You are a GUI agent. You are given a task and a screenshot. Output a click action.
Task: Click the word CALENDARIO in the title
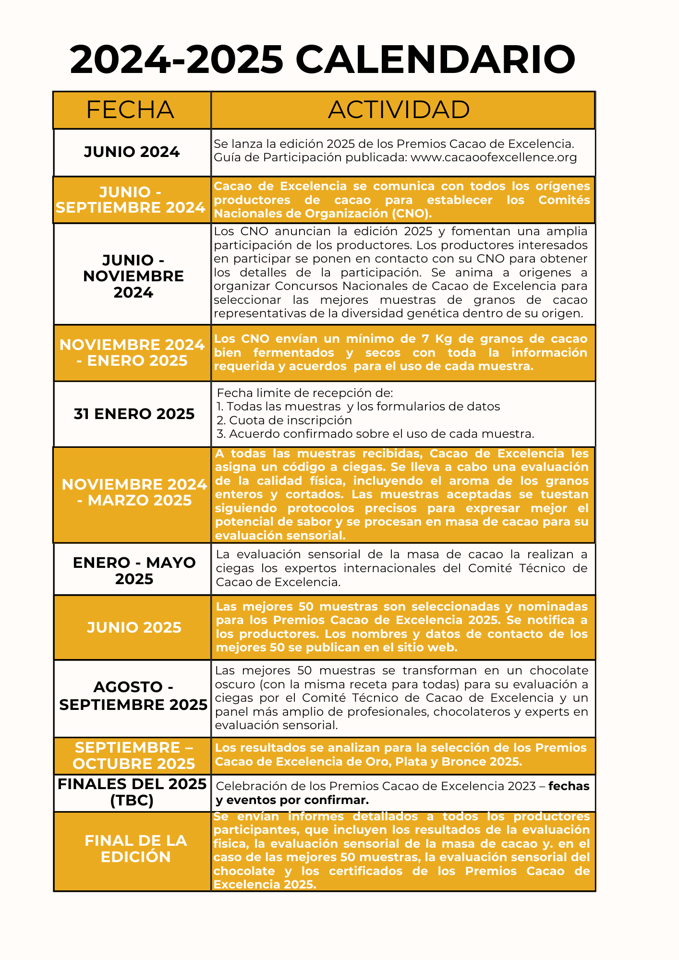pyautogui.click(x=435, y=60)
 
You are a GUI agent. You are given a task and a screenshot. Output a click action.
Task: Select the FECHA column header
pyautogui.click(x=130, y=110)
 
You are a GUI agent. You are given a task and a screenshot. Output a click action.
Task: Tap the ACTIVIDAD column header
pyautogui.click(x=399, y=110)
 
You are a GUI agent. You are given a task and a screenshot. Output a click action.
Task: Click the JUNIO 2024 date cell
pyautogui.click(x=132, y=152)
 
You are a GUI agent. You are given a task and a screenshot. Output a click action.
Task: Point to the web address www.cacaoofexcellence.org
pyautogui.click(x=494, y=157)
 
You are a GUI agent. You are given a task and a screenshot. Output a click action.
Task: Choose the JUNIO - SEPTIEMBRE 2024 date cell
pyautogui.click(x=131, y=200)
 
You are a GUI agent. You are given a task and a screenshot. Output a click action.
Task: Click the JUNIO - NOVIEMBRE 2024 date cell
pyautogui.click(x=133, y=276)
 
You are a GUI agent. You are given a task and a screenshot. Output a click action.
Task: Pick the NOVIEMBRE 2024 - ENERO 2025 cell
pyautogui.click(x=132, y=353)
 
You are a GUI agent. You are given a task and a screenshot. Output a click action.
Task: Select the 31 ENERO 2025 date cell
pyautogui.click(x=134, y=414)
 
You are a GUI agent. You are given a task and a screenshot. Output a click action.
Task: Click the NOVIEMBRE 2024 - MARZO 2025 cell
pyautogui.click(x=134, y=492)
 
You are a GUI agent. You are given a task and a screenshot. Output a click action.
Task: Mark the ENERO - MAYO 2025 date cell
pyautogui.click(x=134, y=570)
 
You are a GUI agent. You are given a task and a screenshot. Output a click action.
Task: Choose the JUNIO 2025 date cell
pyautogui.click(x=134, y=627)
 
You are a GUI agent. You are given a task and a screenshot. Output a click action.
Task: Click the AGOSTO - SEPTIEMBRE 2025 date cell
pyautogui.click(x=133, y=696)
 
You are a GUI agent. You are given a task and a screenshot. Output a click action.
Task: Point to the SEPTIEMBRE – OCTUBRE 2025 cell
pyautogui.click(x=133, y=756)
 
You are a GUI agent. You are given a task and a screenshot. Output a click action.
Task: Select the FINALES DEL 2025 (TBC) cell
pyautogui.click(x=132, y=792)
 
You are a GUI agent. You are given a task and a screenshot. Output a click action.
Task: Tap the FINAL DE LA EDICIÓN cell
pyautogui.click(x=135, y=849)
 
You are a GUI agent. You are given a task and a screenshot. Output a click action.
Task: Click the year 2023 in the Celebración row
pyautogui.click(x=522, y=786)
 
